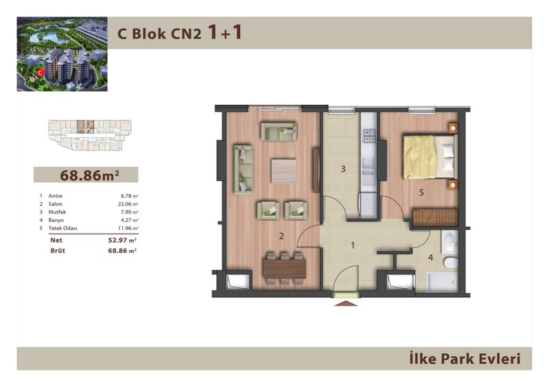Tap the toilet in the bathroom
tap(451, 262)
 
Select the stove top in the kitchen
tap(369, 136)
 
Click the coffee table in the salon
tap(284, 171)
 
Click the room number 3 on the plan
tap(343, 169)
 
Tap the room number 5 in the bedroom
tap(421, 192)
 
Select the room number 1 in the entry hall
tap(353, 245)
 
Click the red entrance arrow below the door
tap(346, 303)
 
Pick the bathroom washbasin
tap(449, 242)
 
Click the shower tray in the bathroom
tap(442, 282)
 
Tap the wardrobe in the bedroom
tap(436, 217)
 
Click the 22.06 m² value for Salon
tap(128, 204)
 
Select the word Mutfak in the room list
tap(57, 212)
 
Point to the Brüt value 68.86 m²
tap(122, 251)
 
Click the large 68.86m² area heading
tap(90, 175)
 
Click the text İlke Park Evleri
tap(465, 359)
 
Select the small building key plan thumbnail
tap(90, 135)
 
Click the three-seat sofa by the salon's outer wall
tap(244, 170)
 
